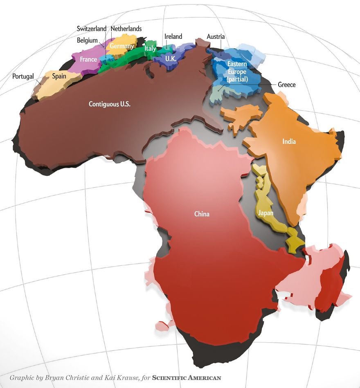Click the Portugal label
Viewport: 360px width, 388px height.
point(23,76)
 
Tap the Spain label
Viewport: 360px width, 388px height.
point(59,76)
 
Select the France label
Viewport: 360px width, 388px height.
point(88,60)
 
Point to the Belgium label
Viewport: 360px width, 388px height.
point(87,40)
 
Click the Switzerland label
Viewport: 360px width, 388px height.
point(92,29)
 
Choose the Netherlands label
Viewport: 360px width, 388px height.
point(126,29)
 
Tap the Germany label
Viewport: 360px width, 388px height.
point(122,46)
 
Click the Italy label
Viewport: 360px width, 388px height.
point(150,49)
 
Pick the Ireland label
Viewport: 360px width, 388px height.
point(173,36)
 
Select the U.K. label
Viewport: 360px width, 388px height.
point(171,58)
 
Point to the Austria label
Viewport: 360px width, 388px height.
point(216,36)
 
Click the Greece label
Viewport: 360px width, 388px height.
point(286,85)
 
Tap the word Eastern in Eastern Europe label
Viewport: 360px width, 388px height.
point(238,65)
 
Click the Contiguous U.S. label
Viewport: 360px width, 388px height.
point(110,104)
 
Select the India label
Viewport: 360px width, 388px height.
point(289,142)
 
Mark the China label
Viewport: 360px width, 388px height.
point(202,214)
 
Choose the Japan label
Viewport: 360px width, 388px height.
point(265,213)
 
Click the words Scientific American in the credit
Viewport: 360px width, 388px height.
point(186,378)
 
